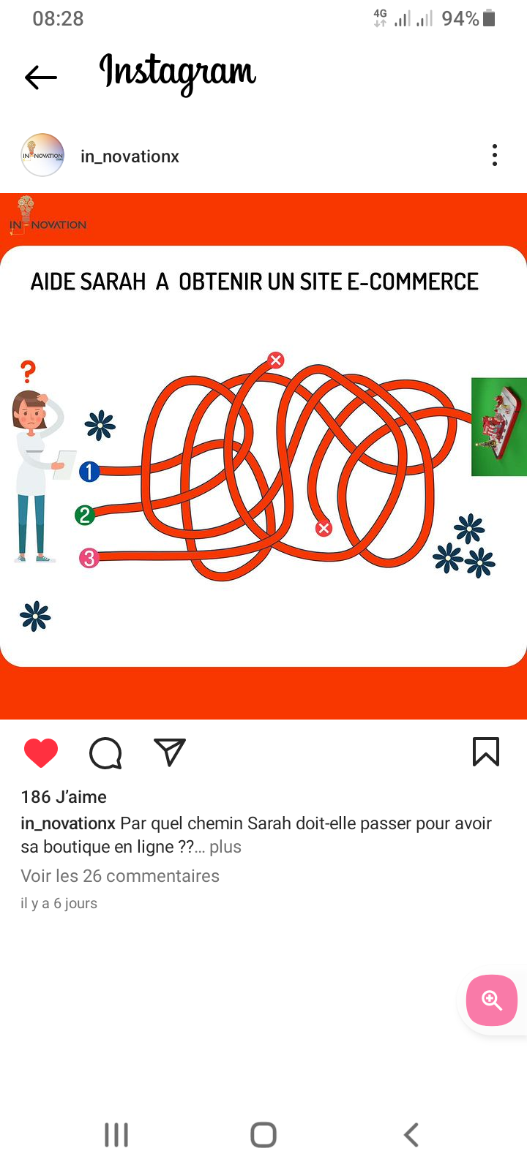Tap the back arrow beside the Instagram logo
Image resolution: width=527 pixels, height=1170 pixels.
[x=41, y=78]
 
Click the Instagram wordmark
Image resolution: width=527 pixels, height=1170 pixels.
[x=178, y=74]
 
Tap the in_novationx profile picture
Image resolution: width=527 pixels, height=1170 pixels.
[x=42, y=155]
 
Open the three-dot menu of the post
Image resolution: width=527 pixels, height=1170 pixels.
[x=495, y=155]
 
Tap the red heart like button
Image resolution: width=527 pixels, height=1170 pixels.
[x=41, y=752]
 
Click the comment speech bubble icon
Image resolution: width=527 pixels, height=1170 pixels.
[x=105, y=752]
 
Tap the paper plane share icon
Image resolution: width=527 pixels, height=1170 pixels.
[x=170, y=752]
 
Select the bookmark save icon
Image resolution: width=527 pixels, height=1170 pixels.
[x=486, y=752]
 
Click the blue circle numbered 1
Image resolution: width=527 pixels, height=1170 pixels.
[x=89, y=472]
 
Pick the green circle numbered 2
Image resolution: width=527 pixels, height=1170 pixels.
[x=85, y=516]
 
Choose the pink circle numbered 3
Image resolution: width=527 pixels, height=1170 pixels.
[x=89, y=558]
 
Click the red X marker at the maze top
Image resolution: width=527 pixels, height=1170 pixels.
[x=275, y=360]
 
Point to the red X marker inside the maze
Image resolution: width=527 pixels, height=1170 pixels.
[x=324, y=529]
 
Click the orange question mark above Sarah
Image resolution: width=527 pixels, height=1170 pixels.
[x=29, y=371]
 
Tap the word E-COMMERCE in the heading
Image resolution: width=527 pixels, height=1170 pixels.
[x=413, y=282]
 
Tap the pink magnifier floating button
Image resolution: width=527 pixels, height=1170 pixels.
[x=491, y=1000]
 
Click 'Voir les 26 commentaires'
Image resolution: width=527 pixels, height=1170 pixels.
[x=120, y=876]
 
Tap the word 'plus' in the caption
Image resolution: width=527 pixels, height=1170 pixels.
[x=225, y=848]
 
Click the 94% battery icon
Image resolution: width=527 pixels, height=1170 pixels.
[x=489, y=18]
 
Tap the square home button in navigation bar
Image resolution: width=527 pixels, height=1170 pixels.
[x=263, y=1134]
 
